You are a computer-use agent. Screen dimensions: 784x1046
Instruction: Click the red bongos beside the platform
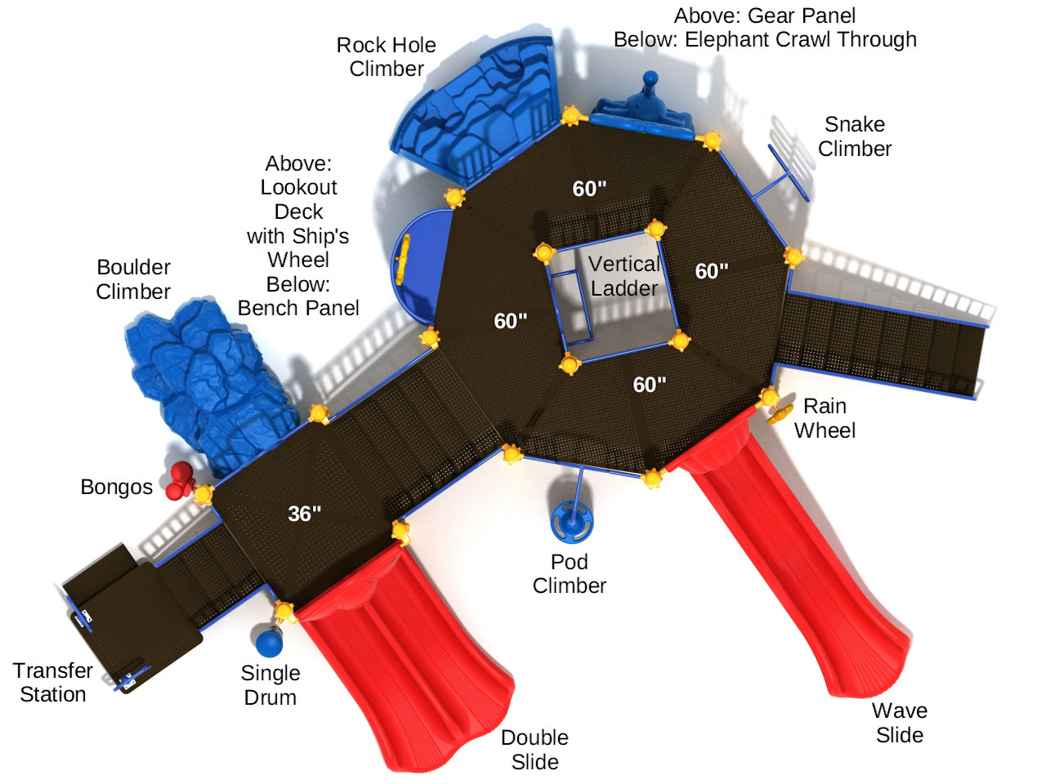[179, 480]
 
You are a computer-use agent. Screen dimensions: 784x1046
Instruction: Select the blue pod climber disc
[571, 522]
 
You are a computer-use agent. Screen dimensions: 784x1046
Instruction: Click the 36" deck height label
[305, 514]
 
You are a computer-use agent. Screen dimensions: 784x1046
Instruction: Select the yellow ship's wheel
[403, 261]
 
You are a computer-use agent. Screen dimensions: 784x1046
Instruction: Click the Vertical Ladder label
[624, 276]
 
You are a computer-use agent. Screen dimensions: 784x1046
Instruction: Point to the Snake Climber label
[855, 136]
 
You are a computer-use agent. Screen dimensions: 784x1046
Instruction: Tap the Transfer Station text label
[53, 683]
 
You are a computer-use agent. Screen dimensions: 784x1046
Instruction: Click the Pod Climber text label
[570, 574]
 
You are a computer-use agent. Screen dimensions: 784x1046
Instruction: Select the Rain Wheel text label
[825, 418]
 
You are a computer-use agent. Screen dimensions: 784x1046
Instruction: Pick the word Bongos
[117, 488]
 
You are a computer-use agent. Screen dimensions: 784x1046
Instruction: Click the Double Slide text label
[535, 750]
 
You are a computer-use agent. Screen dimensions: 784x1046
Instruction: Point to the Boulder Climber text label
[133, 279]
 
